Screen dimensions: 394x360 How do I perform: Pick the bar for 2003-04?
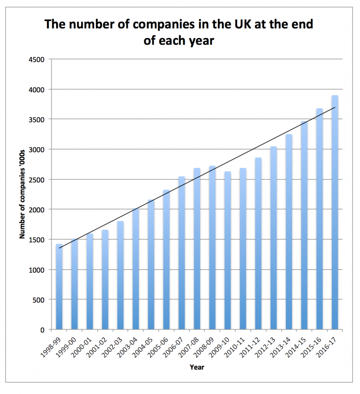135,269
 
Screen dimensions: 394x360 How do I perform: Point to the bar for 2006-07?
181,253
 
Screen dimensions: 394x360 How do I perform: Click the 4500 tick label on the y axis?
36,60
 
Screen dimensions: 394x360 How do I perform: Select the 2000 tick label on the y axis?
36,210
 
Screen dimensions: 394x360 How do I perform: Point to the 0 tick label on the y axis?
42,330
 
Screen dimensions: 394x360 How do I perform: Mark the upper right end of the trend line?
335,107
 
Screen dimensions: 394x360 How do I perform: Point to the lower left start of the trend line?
59,248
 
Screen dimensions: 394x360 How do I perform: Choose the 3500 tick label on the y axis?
36,120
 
